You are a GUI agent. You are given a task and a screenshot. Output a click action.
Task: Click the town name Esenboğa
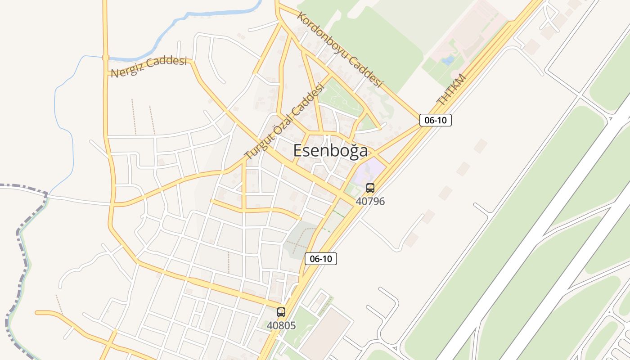(330, 151)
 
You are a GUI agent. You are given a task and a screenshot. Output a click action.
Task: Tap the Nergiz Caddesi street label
(148, 67)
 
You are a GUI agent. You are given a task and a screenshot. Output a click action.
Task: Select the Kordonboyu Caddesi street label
(340, 49)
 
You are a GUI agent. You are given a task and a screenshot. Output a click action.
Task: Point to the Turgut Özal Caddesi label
(284, 121)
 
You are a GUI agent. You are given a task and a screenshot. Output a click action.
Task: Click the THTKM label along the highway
(451, 90)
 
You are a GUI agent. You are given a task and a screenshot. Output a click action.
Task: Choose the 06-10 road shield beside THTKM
(435, 120)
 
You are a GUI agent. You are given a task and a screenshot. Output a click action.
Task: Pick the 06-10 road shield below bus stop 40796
(321, 259)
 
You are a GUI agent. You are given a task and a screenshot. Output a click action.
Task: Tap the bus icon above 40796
(370, 188)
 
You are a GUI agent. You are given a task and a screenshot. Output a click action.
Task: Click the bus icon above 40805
(281, 312)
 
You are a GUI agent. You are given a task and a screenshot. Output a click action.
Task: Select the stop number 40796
(370, 201)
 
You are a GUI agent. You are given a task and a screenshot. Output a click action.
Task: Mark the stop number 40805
(281, 325)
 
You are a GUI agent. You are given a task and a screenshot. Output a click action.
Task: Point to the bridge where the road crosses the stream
(106, 58)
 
